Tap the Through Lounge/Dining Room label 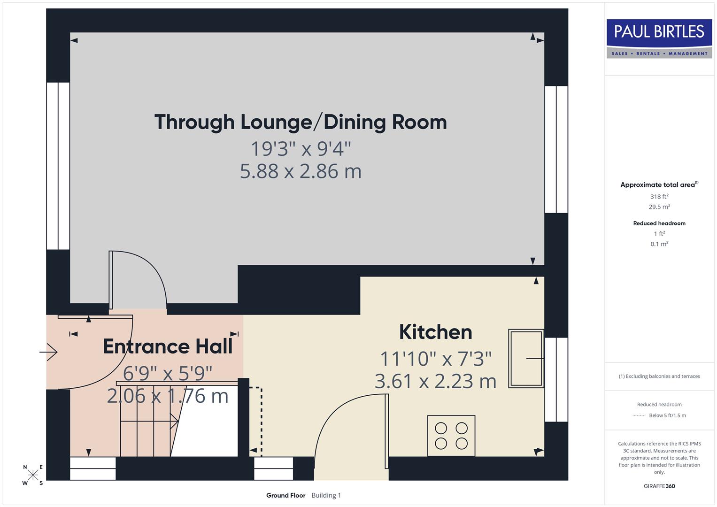pyautogui.click(x=301, y=122)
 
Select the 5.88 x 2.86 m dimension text pyautogui.click(x=301, y=171)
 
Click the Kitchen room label pyautogui.click(x=435, y=332)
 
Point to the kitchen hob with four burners pyautogui.click(x=451, y=435)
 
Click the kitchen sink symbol pyautogui.click(x=526, y=359)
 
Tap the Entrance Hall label pyautogui.click(x=168, y=346)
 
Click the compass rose pyautogui.click(x=33, y=475)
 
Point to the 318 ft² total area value pyautogui.click(x=659, y=197)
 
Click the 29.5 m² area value pyautogui.click(x=659, y=207)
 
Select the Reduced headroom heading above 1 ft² pyautogui.click(x=659, y=223)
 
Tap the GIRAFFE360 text pyautogui.click(x=659, y=486)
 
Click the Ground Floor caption pyautogui.click(x=285, y=495)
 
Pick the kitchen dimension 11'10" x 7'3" pyautogui.click(x=435, y=359)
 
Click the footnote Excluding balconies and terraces pyautogui.click(x=659, y=376)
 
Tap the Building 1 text pyautogui.click(x=326, y=495)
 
